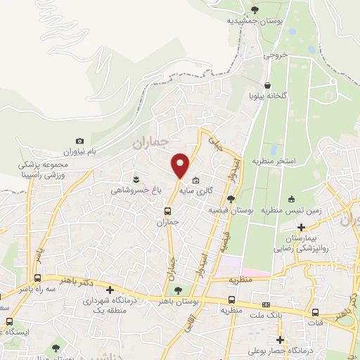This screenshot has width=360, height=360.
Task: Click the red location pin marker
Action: coord(180,165)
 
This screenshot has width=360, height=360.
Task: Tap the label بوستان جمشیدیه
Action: coord(255,21)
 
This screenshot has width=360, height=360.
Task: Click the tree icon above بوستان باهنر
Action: coord(177,289)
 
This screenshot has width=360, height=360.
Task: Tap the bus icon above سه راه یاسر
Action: coord(37,278)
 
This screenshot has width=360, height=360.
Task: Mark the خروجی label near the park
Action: coord(275,54)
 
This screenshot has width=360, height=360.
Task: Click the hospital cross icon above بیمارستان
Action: coord(302,227)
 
